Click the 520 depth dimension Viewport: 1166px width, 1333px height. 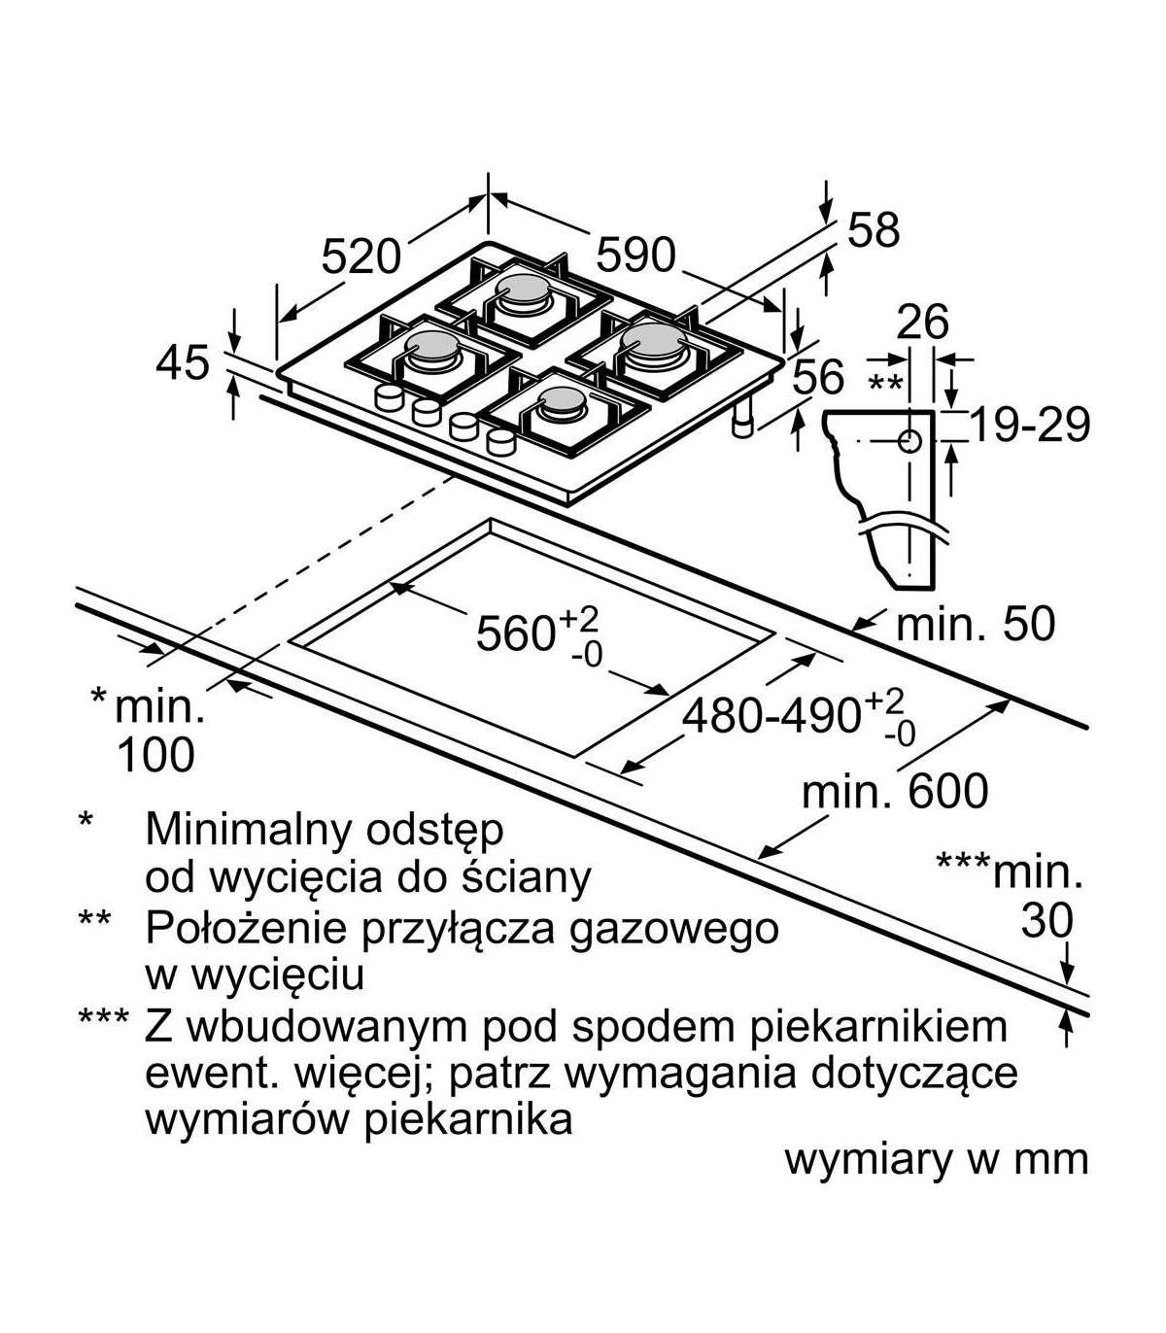(x=360, y=256)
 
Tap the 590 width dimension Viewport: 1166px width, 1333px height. (x=634, y=255)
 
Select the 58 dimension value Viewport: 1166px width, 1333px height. (x=874, y=230)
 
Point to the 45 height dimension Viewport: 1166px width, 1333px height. (x=183, y=363)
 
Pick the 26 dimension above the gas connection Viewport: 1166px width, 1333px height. (x=922, y=323)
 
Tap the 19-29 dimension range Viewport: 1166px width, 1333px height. (x=1030, y=425)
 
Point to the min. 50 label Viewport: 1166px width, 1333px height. (x=974, y=624)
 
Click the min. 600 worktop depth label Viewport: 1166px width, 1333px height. (x=894, y=792)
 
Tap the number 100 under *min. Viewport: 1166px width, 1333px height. (x=155, y=755)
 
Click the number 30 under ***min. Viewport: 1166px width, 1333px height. (x=1046, y=921)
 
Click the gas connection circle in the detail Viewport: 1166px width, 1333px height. (x=909, y=442)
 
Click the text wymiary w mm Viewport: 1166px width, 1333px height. (x=936, y=1159)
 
